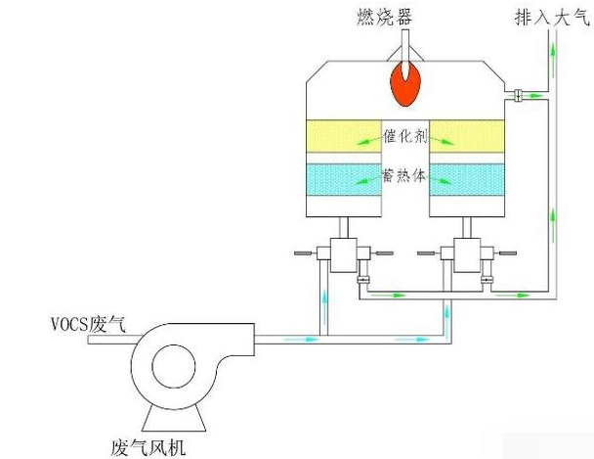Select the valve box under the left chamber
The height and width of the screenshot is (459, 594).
point(342,255)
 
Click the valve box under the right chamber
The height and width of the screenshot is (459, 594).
point(464,255)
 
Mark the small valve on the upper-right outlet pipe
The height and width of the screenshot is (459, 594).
point(517,94)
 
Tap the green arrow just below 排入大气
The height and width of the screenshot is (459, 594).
point(554,51)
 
